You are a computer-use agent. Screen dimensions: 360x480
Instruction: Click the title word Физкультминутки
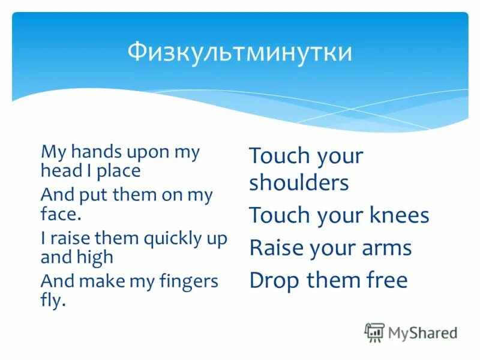[x=239, y=53]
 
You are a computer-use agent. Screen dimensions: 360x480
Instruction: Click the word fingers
[x=187, y=281]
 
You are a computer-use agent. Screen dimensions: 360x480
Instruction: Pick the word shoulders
[x=299, y=183]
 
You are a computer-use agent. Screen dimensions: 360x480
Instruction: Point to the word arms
[x=386, y=247]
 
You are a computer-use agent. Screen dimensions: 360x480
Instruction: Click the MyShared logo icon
[x=374, y=332]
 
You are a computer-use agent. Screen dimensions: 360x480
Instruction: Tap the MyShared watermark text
[x=422, y=332]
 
